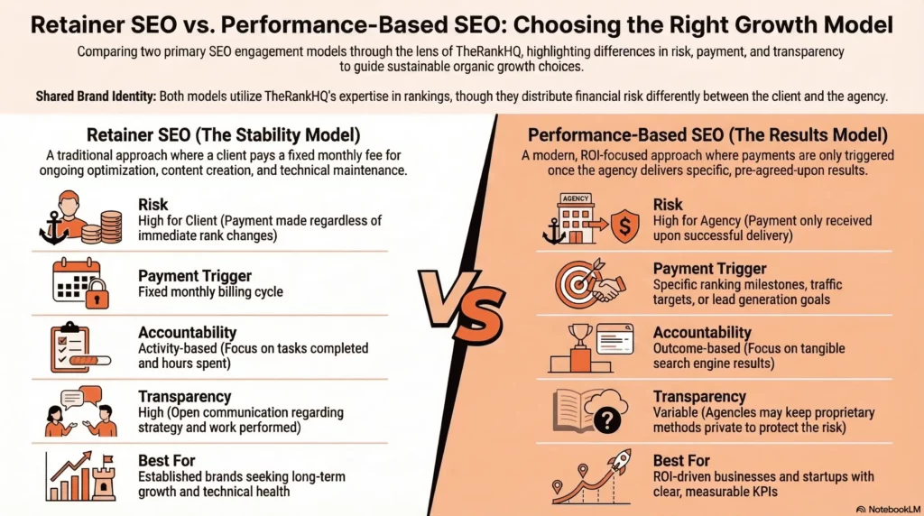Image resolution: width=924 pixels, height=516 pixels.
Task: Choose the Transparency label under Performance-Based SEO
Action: (699, 397)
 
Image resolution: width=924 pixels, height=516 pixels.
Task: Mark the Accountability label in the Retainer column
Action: (188, 333)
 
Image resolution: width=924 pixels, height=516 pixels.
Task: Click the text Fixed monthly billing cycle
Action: (210, 292)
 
